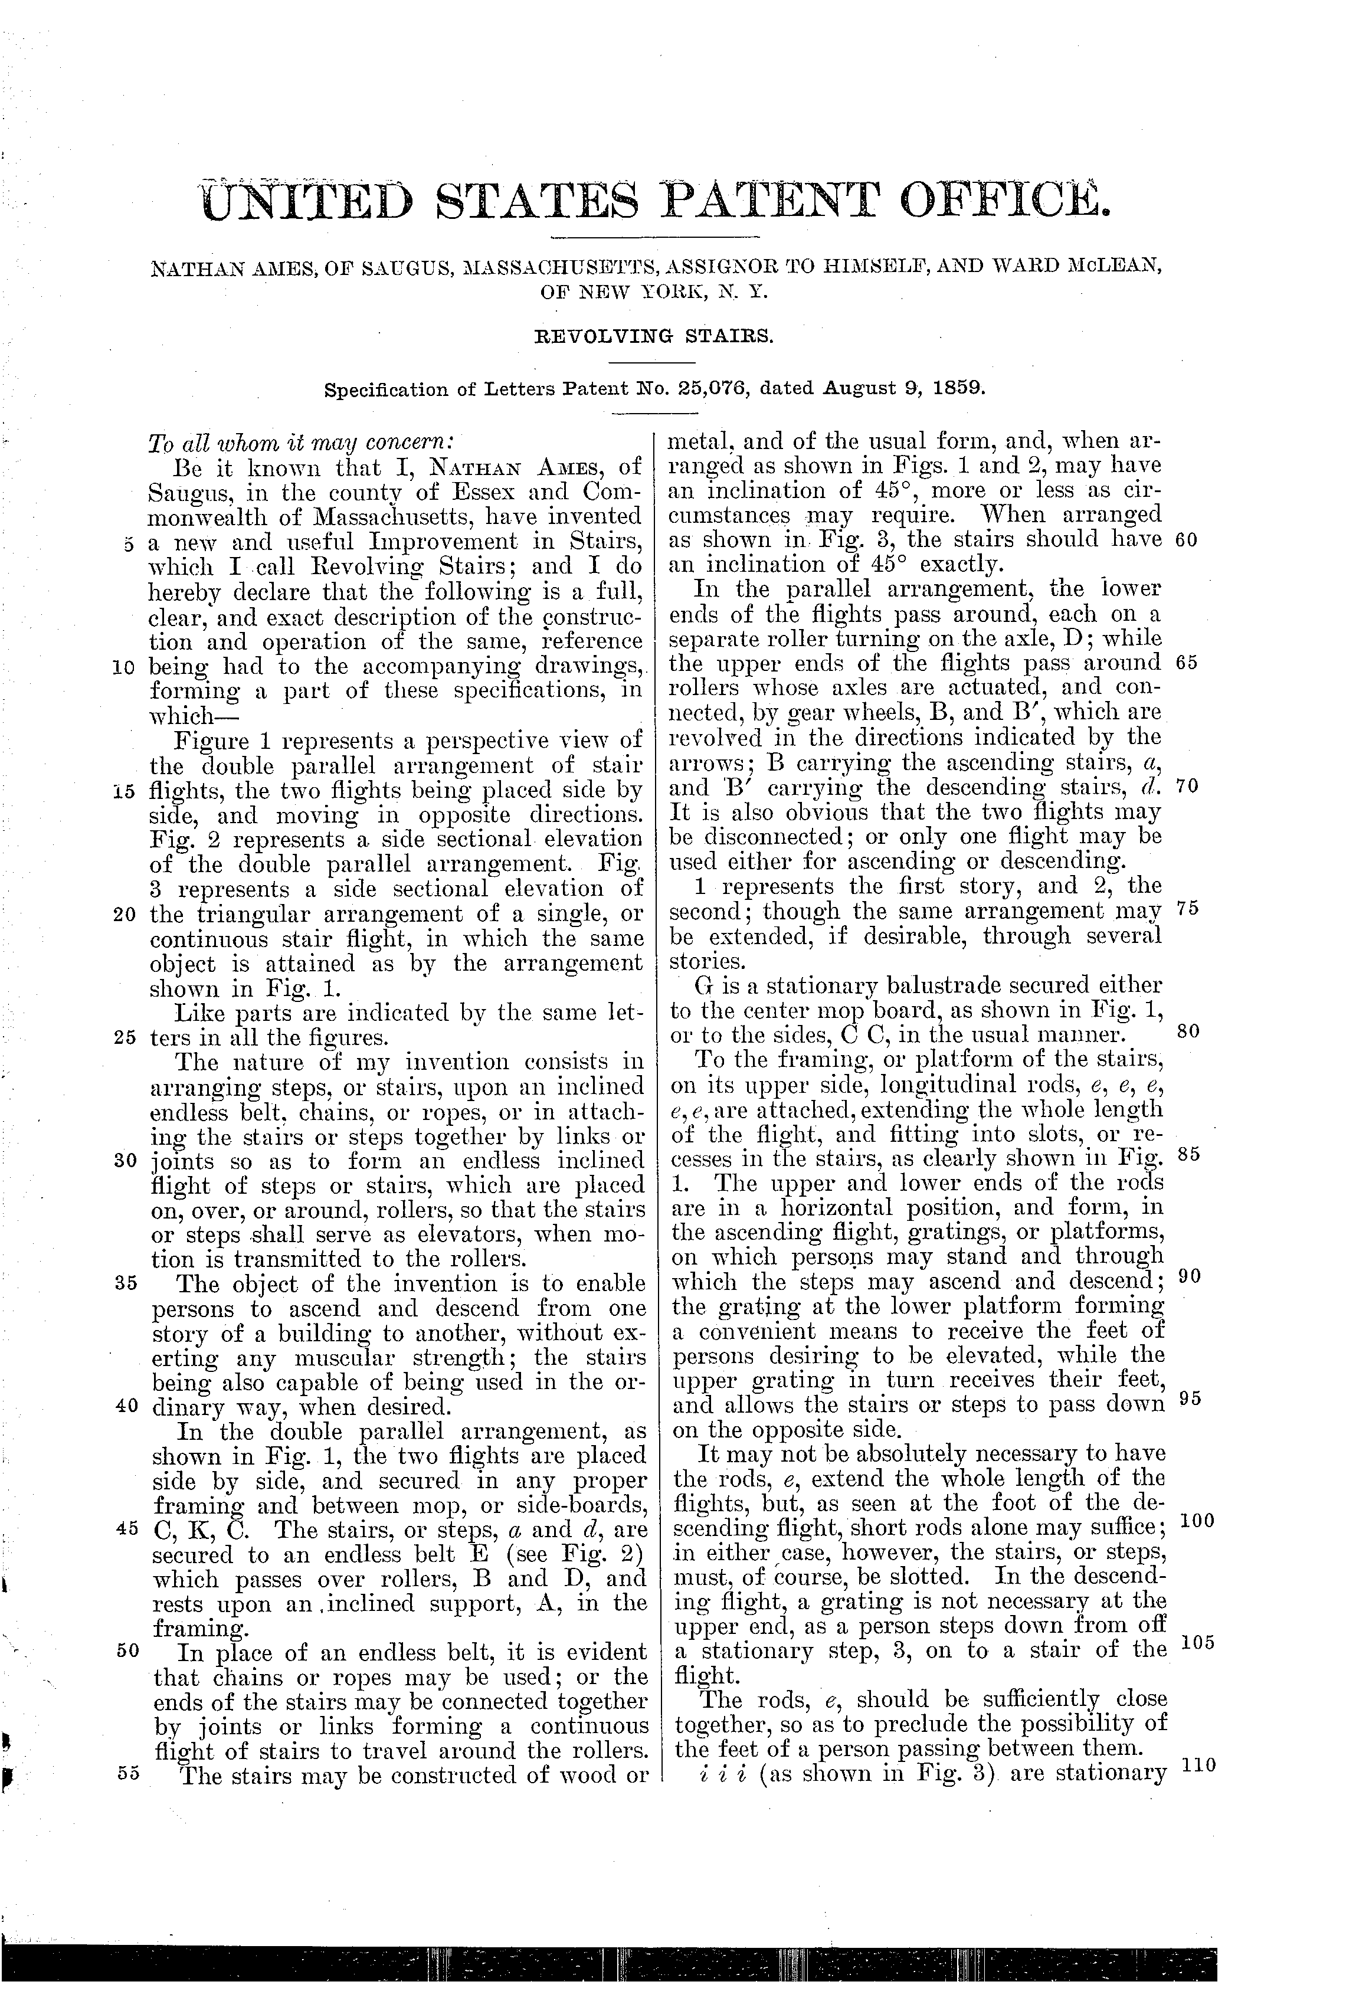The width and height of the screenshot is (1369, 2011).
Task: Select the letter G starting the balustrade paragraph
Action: click(703, 985)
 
